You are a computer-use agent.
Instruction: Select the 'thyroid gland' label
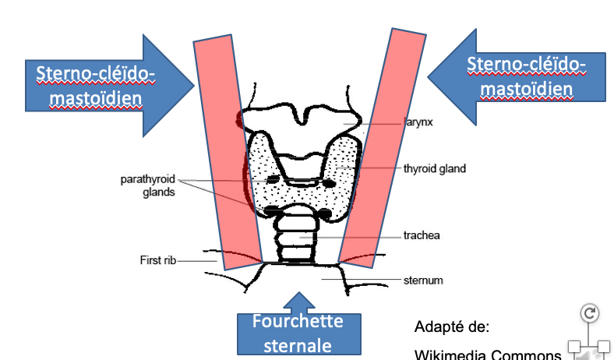(x=434, y=168)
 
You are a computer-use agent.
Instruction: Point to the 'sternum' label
(x=422, y=278)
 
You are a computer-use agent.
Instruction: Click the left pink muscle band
(x=228, y=152)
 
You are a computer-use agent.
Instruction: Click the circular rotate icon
(x=590, y=313)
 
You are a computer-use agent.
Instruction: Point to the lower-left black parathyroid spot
(x=273, y=211)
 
